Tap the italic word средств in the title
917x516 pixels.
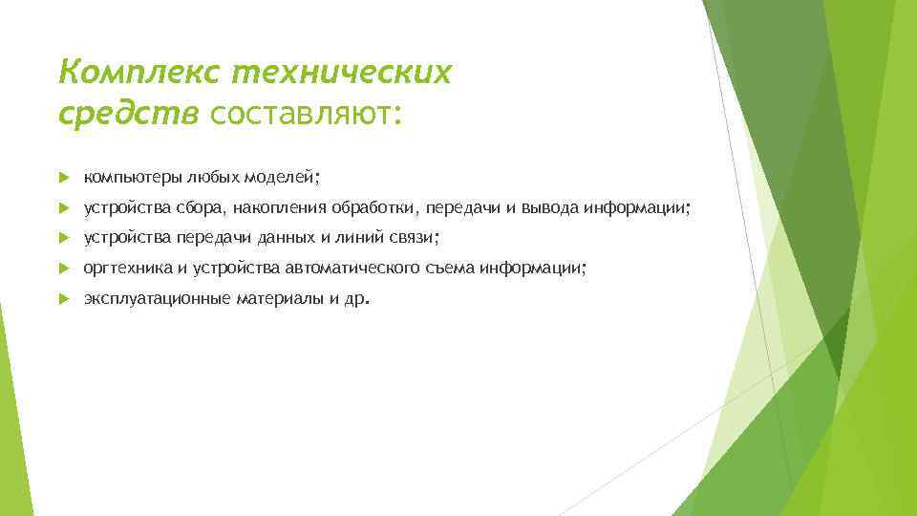click(128, 114)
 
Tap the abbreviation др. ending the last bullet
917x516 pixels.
click(355, 299)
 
